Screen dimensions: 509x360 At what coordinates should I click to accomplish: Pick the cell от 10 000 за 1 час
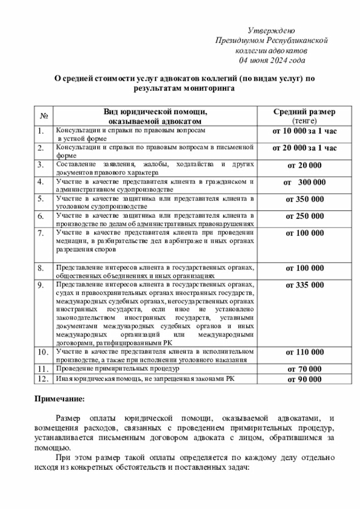(x=304, y=131)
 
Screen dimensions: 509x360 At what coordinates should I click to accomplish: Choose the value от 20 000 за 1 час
(x=304, y=148)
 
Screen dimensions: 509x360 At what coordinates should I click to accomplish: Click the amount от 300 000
(x=304, y=182)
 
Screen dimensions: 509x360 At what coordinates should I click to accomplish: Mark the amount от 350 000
(x=304, y=199)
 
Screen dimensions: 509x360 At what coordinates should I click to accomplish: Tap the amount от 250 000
(x=304, y=216)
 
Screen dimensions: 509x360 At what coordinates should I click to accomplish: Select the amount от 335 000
(x=304, y=285)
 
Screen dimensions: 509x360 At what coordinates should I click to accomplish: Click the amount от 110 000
(x=304, y=352)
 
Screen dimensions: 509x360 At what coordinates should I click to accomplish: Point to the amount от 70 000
(x=304, y=369)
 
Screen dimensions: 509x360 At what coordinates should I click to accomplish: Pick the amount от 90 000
(x=304, y=379)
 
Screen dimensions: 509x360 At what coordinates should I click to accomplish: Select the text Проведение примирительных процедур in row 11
(x=117, y=368)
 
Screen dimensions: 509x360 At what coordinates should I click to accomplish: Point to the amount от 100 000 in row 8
(x=304, y=268)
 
